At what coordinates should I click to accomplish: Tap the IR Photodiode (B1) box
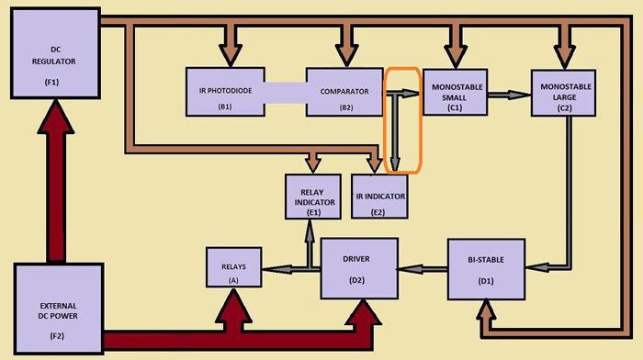(224, 92)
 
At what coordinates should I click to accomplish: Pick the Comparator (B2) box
(344, 92)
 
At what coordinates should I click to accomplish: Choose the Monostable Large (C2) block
(560, 92)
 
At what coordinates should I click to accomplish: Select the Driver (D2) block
(358, 267)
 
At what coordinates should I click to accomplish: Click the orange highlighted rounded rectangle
(403, 119)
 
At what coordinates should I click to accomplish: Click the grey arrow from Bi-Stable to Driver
(422, 268)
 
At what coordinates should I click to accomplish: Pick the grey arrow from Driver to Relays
(289, 268)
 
